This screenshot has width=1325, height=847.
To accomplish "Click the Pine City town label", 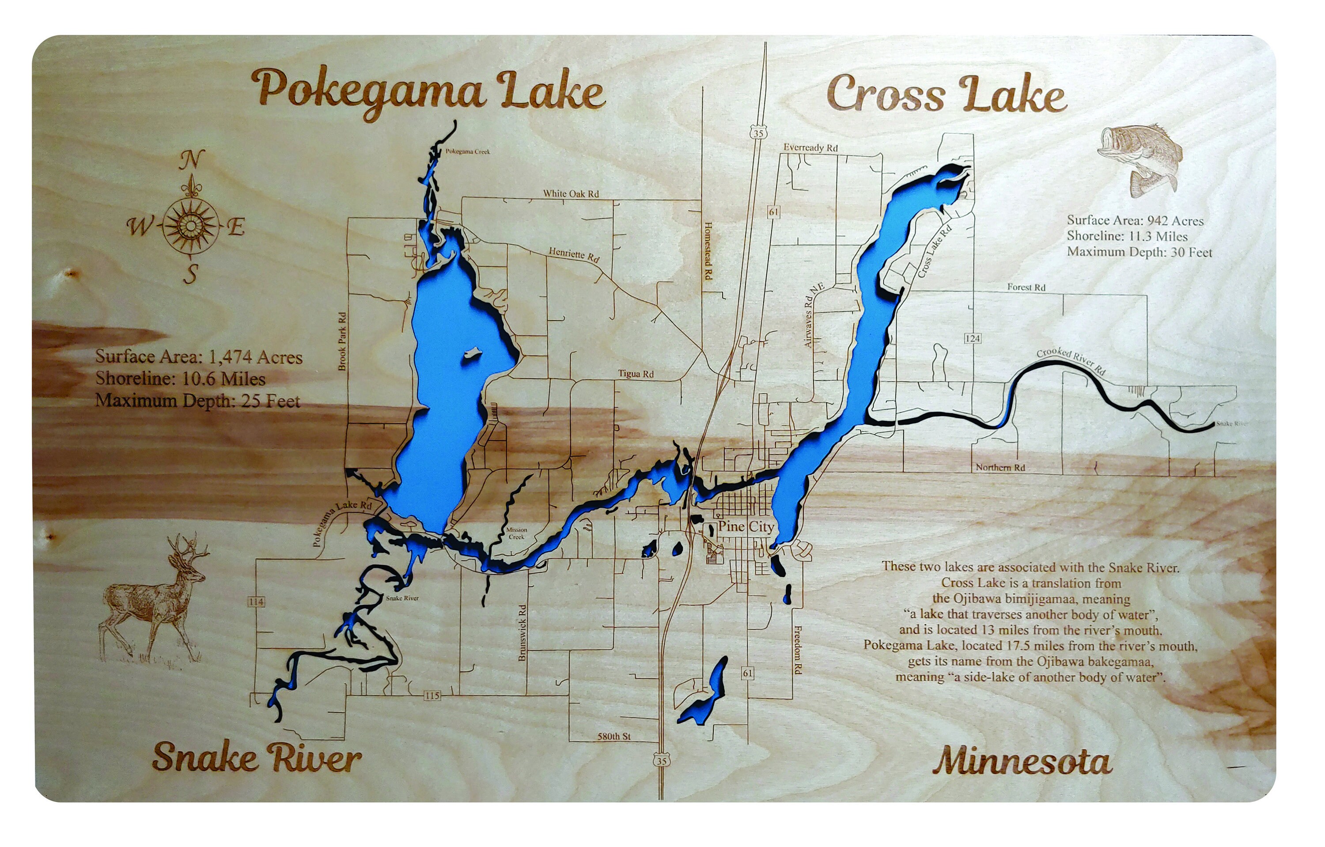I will [746, 526].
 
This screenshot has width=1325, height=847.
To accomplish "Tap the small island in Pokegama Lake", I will [472, 353].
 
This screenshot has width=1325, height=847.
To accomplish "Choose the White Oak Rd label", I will [571, 193].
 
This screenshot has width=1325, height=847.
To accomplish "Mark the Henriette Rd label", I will [573, 255].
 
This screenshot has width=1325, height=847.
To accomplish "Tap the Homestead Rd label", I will [708, 251].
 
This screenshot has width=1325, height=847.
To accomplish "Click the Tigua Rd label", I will [636, 374].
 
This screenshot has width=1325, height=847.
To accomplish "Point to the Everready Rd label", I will [810, 147].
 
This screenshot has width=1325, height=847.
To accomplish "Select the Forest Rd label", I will [1026, 287].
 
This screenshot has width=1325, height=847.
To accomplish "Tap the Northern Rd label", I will [1000, 468].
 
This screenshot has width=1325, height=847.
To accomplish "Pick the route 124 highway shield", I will [972, 338].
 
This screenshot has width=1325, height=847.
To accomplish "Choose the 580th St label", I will [614, 736].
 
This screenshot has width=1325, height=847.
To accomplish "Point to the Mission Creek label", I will [516, 533].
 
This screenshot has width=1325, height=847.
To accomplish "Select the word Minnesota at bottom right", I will [1022, 762].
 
